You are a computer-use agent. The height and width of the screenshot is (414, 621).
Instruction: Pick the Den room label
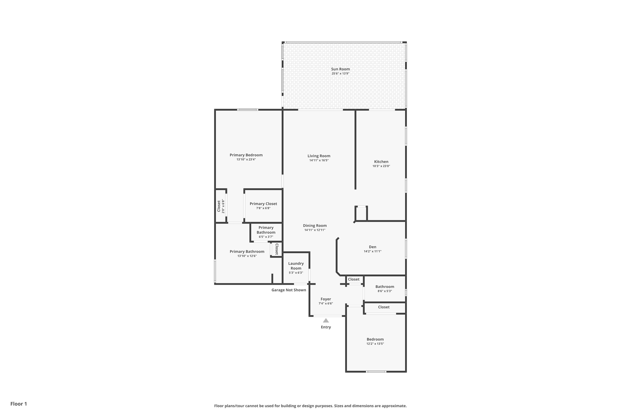coord(373,247)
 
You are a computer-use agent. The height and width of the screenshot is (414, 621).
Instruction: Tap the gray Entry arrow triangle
coord(326,320)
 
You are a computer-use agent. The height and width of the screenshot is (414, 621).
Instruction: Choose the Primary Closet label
coord(263,204)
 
